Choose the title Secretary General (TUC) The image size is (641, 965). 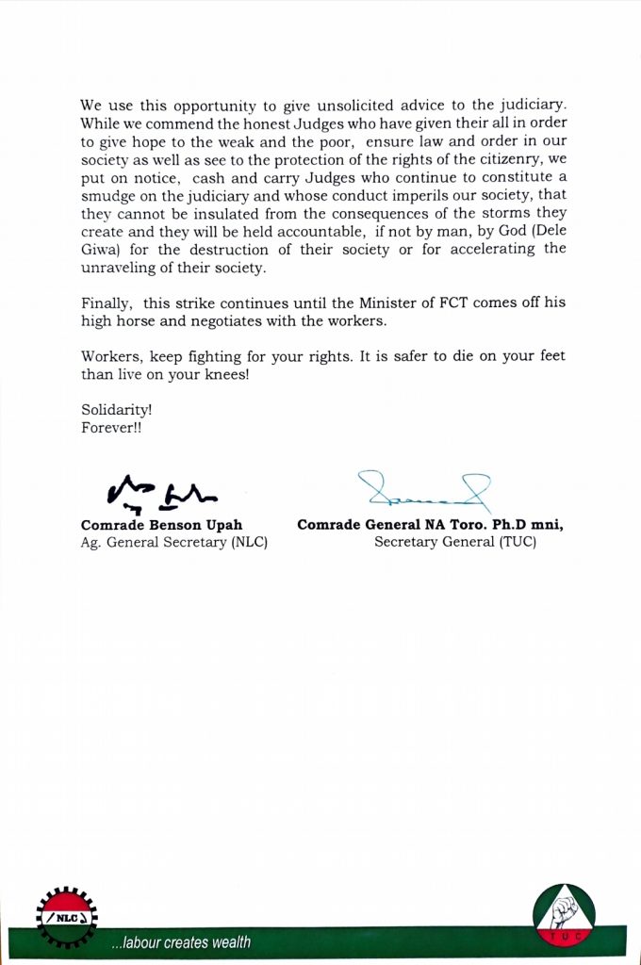tap(455, 543)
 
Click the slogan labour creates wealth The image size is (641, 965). tap(181, 942)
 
